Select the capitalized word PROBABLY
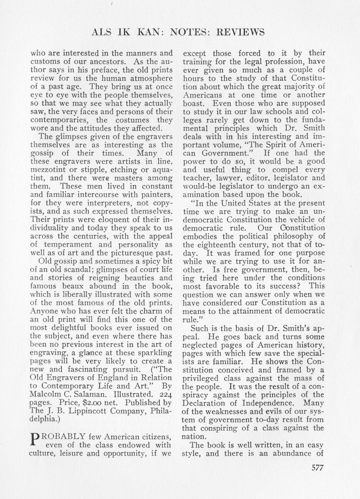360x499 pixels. [64, 436]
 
